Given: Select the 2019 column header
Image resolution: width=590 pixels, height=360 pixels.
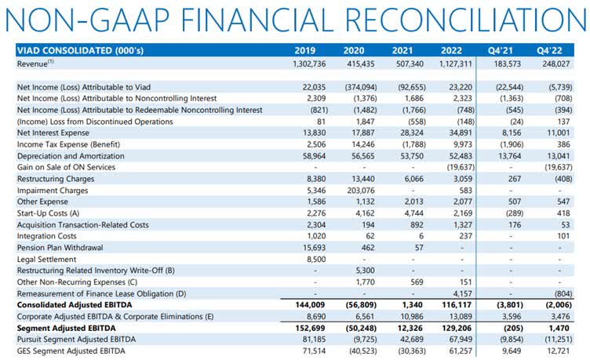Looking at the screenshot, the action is (304, 51).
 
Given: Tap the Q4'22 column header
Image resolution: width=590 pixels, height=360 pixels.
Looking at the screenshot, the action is (549, 51).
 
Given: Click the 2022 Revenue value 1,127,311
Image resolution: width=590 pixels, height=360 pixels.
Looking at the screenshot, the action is (455, 64).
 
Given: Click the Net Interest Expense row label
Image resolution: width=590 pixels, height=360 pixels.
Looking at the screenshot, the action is (53, 133).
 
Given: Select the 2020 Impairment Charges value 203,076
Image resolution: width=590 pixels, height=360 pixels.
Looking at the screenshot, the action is (361, 191).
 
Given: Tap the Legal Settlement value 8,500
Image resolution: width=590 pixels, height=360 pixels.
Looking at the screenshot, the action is (316, 259).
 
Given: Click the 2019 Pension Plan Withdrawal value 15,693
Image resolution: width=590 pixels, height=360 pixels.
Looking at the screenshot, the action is (314, 248).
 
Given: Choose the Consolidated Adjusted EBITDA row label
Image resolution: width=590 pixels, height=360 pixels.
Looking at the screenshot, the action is (75, 305).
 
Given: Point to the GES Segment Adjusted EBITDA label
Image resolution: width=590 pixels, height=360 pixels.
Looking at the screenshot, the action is (71, 351).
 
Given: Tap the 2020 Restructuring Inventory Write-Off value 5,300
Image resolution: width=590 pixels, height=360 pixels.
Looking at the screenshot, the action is (364, 271).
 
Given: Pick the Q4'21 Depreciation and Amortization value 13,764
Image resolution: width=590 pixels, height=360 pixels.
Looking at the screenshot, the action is (509, 156).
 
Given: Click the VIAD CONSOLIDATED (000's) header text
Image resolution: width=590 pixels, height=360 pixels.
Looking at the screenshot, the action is (80, 51).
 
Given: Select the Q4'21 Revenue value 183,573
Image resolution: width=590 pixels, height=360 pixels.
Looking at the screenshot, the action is (507, 64).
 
